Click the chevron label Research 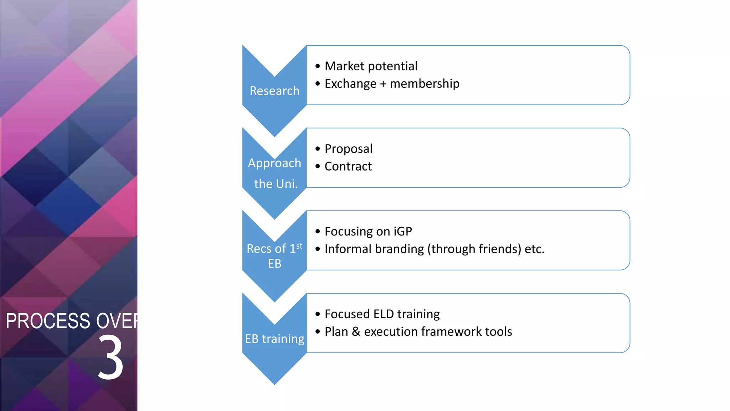(274, 91)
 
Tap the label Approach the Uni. (275, 173)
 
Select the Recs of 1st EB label (274, 256)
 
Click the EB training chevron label (274, 339)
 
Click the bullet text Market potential (371, 66)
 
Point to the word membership (425, 83)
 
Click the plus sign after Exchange (383, 84)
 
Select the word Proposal (348, 149)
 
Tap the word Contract (348, 166)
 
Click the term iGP (403, 231)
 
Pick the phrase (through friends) (474, 249)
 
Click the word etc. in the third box (535, 249)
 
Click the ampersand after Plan (356, 331)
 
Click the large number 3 (110, 357)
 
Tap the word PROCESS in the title (48, 321)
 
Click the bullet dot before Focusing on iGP (318, 231)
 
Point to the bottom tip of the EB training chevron (274, 383)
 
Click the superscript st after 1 (299, 246)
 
